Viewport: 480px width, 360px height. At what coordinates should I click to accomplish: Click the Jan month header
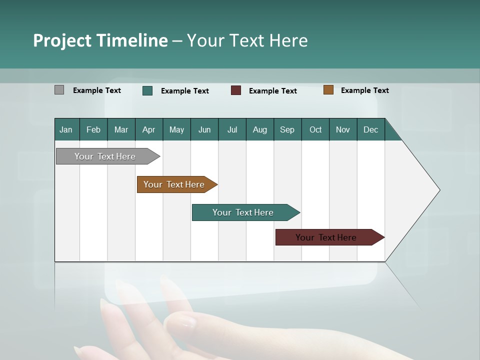pyautogui.click(x=66, y=129)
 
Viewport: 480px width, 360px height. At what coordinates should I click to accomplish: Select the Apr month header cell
pyautogui.click(x=148, y=129)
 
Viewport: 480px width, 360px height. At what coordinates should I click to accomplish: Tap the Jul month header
pyautogui.click(x=232, y=129)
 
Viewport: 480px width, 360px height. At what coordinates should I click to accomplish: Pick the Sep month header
pyautogui.click(x=287, y=129)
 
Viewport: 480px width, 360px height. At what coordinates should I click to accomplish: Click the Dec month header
pyautogui.click(x=370, y=129)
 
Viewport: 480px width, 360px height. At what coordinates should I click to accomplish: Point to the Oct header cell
pyautogui.click(x=315, y=129)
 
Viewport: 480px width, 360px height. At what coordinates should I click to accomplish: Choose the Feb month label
pyautogui.click(x=93, y=129)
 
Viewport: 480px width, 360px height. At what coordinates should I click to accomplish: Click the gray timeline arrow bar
pyautogui.click(x=105, y=156)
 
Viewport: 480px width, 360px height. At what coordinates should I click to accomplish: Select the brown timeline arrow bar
pyautogui.click(x=174, y=184)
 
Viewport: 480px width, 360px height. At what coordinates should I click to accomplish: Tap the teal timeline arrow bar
pyautogui.click(x=243, y=212)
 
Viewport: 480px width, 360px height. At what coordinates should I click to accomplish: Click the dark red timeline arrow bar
pyautogui.click(x=326, y=237)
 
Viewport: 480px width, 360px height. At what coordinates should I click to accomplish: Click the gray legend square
pyautogui.click(x=59, y=90)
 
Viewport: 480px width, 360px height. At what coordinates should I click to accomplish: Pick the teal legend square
pyautogui.click(x=147, y=90)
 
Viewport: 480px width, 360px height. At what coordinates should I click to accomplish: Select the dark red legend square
pyautogui.click(x=236, y=90)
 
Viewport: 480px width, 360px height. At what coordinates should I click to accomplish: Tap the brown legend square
pyautogui.click(x=328, y=90)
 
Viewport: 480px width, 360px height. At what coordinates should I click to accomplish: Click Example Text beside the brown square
pyautogui.click(x=364, y=90)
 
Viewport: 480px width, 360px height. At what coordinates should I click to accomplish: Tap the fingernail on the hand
pyautogui.click(x=186, y=323)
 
